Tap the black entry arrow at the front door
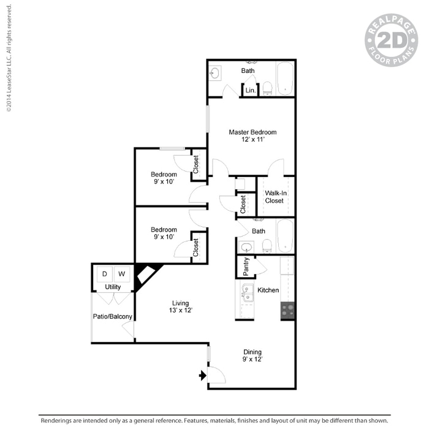[202, 374]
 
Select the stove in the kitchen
[287, 311]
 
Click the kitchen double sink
[247, 294]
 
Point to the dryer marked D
[105, 273]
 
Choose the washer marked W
[121, 273]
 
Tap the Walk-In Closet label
[275, 197]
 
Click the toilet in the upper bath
[268, 88]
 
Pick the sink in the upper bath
[215, 74]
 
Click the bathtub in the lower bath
[285, 237]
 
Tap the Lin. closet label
[250, 91]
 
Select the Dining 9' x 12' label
[252, 355]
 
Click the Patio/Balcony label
[113, 317]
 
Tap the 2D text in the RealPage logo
[391, 40]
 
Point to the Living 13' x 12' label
[180, 306]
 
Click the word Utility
[113, 287]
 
